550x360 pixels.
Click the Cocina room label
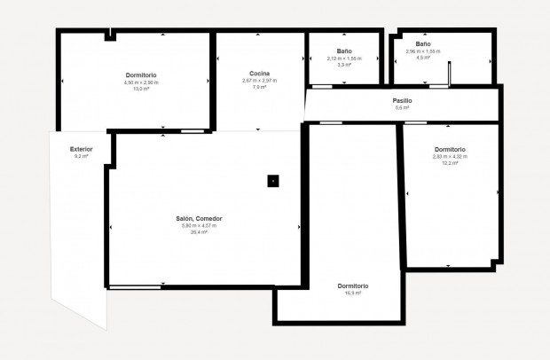pos(259,74)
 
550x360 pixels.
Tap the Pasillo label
pos(402,101)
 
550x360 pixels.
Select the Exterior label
pos(81,149)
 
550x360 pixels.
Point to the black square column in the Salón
pos(273,181)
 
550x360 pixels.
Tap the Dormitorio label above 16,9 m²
pos(352,286)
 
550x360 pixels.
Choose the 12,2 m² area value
pos(450,163)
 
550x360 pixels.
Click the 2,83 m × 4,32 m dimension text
pos(450,156)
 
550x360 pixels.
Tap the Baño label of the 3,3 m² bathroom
pos(344,51)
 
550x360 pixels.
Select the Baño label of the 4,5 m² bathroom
pos(423,43)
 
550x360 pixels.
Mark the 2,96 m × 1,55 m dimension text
pos(423,51)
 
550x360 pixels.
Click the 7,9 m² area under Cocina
pos(259,88)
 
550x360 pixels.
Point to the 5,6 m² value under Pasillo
pos(402,108)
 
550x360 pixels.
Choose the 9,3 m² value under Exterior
pos(81,156)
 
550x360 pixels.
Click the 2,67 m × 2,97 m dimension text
pos(259,81)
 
